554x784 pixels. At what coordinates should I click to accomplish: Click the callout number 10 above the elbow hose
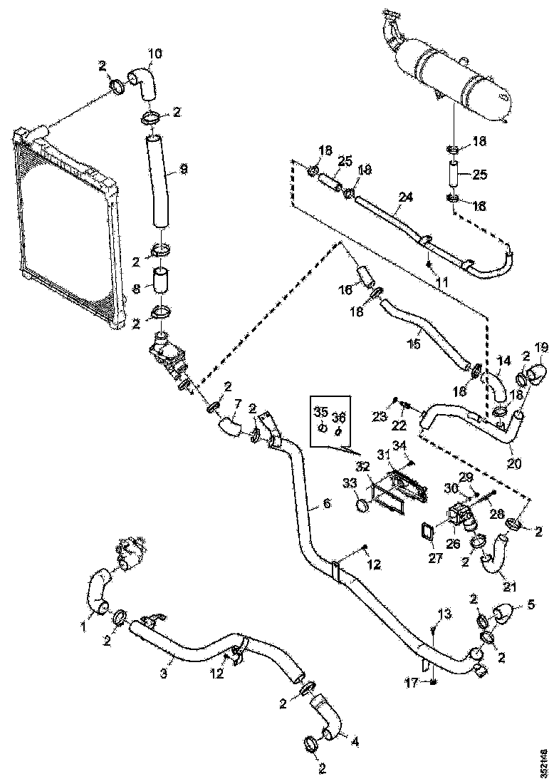(x=155, y=53)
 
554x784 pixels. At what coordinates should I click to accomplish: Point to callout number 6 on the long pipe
(x=326, y=502)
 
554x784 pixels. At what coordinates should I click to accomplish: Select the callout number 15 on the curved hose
(x=415, y=343)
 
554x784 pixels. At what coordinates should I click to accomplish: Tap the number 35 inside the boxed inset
(x=321, y=412)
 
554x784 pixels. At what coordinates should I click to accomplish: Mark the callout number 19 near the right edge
(x=541, y=349)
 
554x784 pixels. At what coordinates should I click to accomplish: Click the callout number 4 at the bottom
(x=355, y=741)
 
